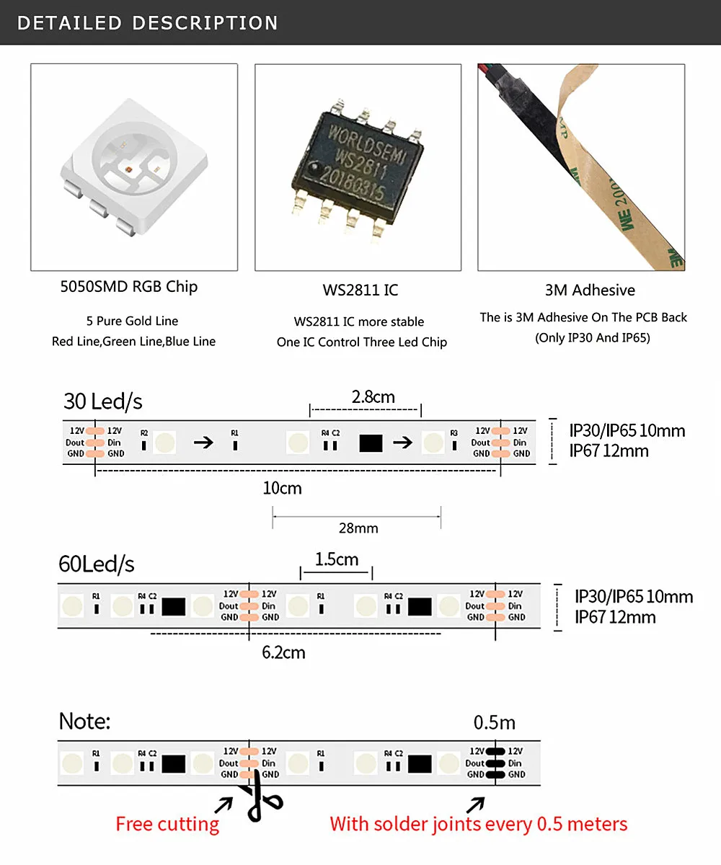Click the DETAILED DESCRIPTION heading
point(147,22)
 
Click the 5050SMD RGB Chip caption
point(128,286)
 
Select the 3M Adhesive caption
point(590,290)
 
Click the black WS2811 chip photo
point(358,168)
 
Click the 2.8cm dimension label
point(373,396)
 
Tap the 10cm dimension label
point(282,488)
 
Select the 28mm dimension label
point(358,528)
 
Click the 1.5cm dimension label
point(337,559)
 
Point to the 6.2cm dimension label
point(283,652)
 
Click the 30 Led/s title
point(103,402)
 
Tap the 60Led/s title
point(97,564)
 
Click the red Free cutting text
point(167,824)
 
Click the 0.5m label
point(495,722)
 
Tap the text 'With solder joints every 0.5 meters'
point(479,824)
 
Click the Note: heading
point(85,721)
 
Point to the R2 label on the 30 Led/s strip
point(144,432)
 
